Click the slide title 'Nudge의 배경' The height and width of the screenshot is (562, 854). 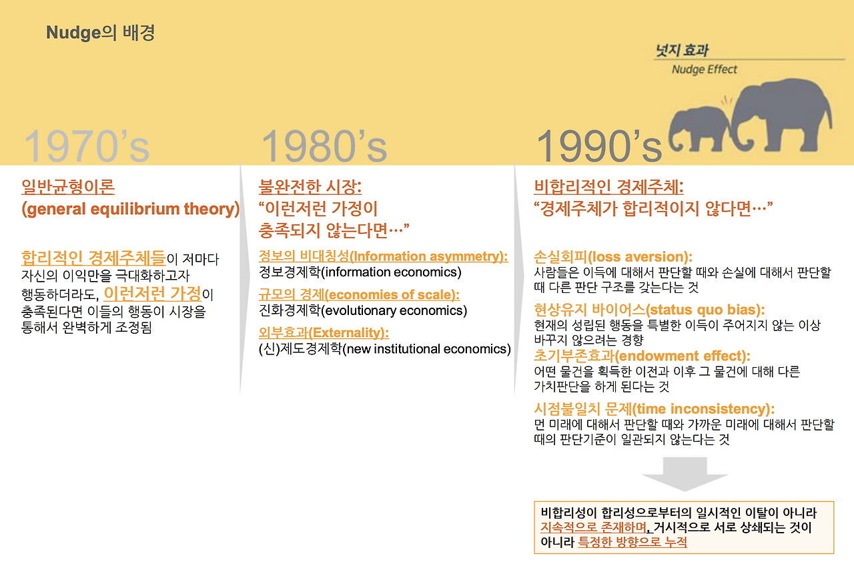point(100,33)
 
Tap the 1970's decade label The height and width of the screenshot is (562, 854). point(87,146)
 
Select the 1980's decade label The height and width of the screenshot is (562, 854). point(324,146)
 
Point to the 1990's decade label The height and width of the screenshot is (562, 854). point(599,146)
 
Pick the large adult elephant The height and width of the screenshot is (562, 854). point(781,114)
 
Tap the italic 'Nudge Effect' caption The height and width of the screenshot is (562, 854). point(704,69)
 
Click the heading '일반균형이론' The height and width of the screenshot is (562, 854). point(68,187)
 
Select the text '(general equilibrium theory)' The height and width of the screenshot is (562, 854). point(130,209)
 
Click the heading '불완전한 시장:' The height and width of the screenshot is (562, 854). point(310,187)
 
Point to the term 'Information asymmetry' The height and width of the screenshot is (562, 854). point(427,256)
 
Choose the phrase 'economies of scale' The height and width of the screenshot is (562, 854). point(390,295)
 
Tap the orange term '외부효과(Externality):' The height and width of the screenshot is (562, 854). point(324,333)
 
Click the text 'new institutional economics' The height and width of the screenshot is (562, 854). point(426,349)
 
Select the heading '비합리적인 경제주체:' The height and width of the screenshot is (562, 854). point(608,187)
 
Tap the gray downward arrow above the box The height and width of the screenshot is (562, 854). point(685,474)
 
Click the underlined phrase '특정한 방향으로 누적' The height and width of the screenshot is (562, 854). point(632,542)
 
